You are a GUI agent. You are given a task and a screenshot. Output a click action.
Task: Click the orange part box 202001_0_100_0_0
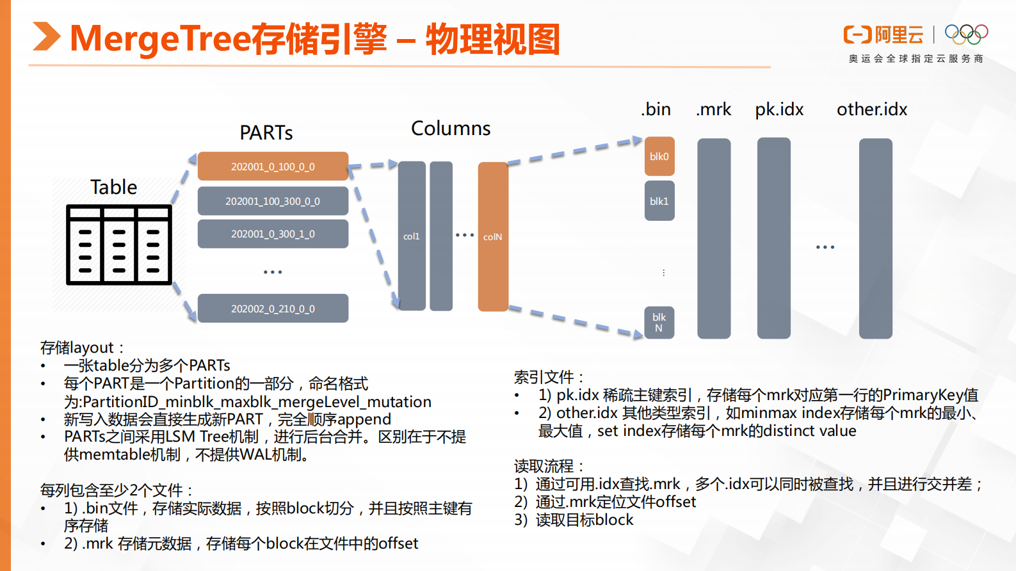pyautogui.click(x=273, y=166)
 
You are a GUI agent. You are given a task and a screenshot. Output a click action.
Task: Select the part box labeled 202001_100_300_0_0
pyautogui.click(x=273, y=201)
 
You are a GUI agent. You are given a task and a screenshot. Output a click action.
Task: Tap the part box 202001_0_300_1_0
pyautogui.click(x=273, y=234)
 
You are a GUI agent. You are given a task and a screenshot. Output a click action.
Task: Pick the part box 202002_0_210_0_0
pyautogui.click(x=273, y=309)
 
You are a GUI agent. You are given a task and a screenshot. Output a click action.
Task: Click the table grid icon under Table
pyautogui.click(x=119, y=245)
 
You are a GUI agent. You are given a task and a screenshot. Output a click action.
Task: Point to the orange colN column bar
pyautogui.click(x=493, y=236)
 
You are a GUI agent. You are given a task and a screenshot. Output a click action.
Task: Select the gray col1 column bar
pyautogui.click(x=412, y=236)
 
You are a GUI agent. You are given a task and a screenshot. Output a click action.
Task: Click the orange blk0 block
pyautogui.click(x=659, y=156)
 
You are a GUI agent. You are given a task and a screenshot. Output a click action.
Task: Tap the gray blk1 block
pyautogui.click(x=659, y=201)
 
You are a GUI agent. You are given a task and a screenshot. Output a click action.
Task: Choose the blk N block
pyautogui.click(x=659, y=322)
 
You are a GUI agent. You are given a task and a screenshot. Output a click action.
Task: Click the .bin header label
pyautogui.click(x=656, y=109)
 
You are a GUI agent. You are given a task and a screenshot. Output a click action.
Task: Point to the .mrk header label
pyautogui.click(x=714, y=109)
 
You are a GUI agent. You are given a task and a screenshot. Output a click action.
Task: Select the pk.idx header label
pyautogui.click(x=779, y=109)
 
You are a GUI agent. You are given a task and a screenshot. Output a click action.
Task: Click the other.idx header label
pyautogui.click(x=872, y=109)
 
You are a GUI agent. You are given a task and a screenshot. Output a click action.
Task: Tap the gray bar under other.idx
pyautogui.click(x=875, y=238)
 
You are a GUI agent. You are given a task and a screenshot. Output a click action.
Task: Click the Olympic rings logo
pyautogui.click(x=966, y=34)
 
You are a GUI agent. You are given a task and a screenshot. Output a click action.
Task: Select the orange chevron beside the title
pyautogui.click(x=46, y=36)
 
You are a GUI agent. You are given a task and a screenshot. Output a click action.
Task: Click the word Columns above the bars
pyautogui.click(x=451, y=129)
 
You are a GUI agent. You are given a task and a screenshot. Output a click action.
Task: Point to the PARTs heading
pyautogui.click(x=266, y=133)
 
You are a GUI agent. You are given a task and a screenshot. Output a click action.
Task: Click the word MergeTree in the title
pyautogui.click(x=160, y=38)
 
